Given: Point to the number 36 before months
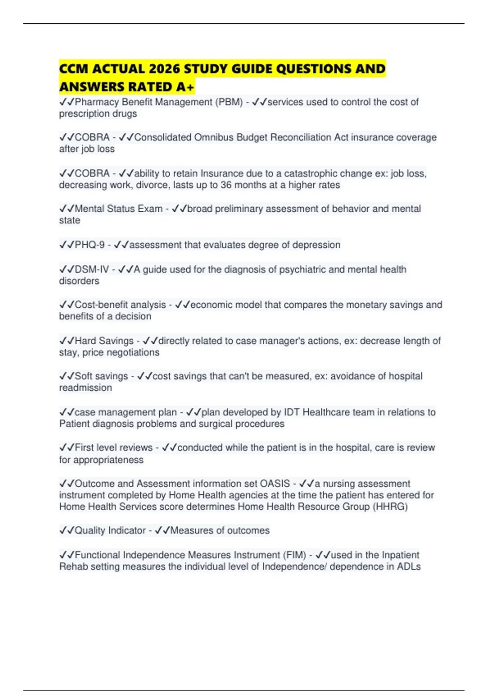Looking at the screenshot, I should [226, 185].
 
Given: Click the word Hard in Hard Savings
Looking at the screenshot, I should [85, 341].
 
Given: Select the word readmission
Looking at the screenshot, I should [85, 388].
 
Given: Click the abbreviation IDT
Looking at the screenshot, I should [292, 412].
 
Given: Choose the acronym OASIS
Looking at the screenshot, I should [275, 484].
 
